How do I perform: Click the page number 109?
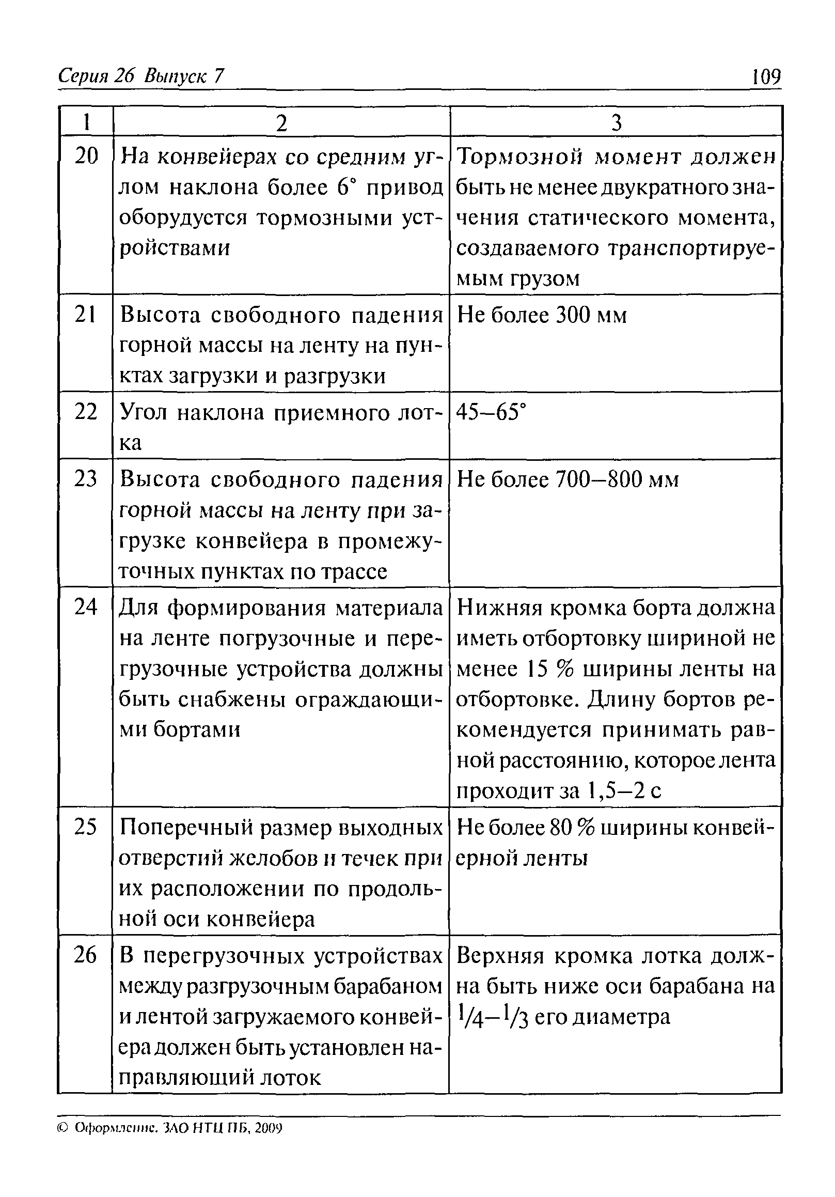[x=766, y=77]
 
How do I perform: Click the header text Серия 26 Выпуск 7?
[x=141, y=76]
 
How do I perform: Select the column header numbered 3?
[x=616, y=123]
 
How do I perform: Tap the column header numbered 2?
[x=281, y=123]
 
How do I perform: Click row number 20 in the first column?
[x=86, y=156]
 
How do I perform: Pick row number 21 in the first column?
[x=86, y=315]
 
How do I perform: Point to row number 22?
[x=86, y=412]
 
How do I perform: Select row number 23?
[x=86, y=478]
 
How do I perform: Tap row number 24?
[x=86, y=607]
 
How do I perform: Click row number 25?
[x=86, y=826]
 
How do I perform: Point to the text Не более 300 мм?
[x=542, y=315]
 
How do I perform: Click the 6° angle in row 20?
[x=342, y=187]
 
